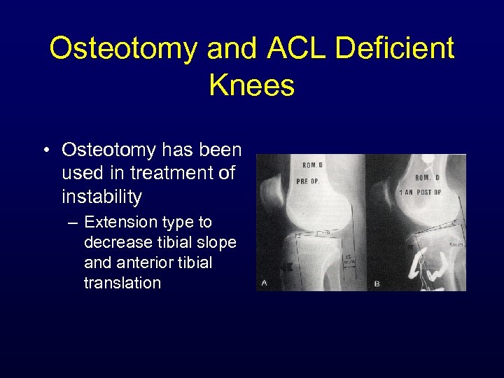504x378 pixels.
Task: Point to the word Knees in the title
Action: coord(251,85)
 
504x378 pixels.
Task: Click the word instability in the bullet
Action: coord(101,197)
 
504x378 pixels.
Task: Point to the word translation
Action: coord(122,283)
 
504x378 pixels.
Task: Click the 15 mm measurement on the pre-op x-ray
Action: coord(349,259)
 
